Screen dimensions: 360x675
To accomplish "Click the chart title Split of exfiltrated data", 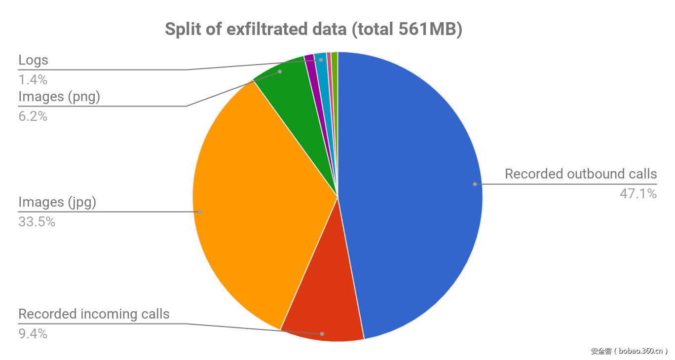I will point(313,30).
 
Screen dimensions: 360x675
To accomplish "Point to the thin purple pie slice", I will point(310,62).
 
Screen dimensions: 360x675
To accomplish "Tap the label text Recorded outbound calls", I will point(581,174).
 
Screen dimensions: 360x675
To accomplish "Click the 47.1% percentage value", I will point(638,194).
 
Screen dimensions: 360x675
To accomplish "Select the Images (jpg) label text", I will point(57,202).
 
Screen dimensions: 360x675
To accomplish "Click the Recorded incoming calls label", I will point(94,314).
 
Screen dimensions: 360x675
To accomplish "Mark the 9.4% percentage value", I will point(33,334).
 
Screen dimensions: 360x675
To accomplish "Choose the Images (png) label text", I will point(59,97).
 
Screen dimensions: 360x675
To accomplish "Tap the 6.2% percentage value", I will point(33,116).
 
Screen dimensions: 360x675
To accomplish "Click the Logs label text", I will point(33,60).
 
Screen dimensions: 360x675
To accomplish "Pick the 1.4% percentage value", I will point(33,79).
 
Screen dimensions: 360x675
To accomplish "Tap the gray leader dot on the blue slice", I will point(475,184).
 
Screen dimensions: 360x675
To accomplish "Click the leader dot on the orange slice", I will point(200,212).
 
